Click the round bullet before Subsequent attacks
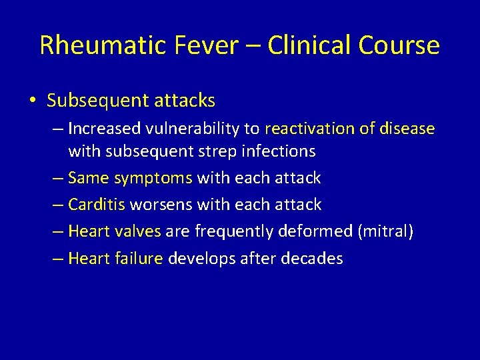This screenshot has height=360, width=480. point(32,101)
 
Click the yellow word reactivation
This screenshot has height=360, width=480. point(311,127)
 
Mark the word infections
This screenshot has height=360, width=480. point(277,151)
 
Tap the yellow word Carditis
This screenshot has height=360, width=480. point(97,205)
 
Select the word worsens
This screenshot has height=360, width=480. point(165,205)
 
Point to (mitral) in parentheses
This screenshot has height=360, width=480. point(386,232)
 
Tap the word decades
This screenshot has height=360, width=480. point(313,258)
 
